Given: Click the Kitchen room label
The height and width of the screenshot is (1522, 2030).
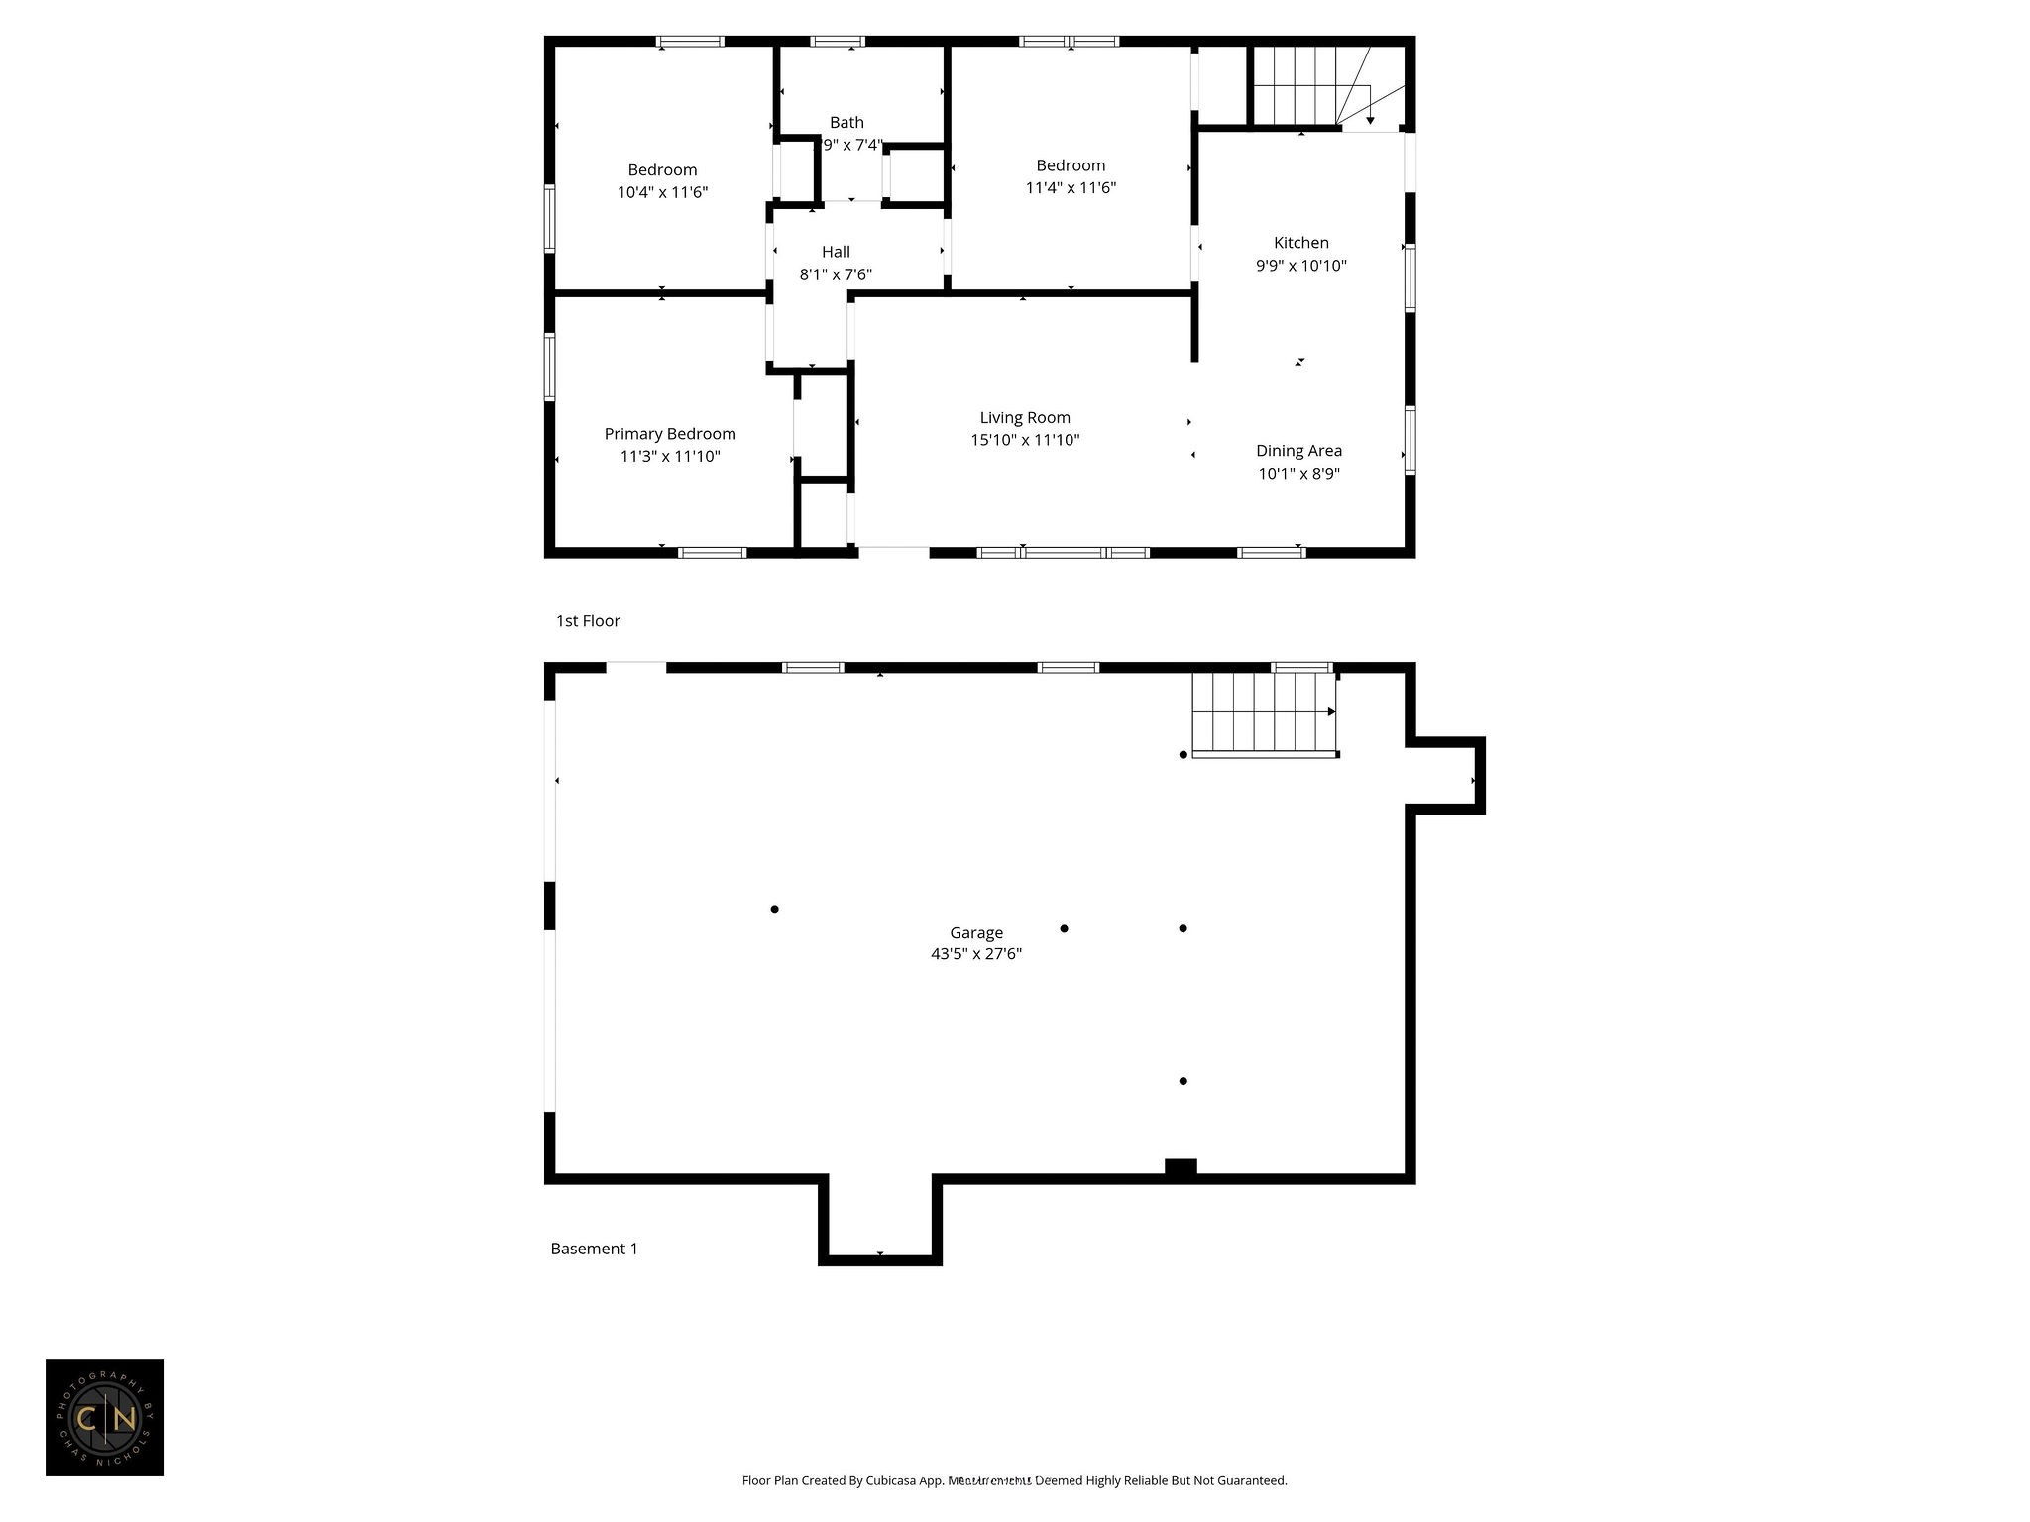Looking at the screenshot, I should click(1300, 243).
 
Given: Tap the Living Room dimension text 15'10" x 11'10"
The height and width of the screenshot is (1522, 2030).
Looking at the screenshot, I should click(1025, 440).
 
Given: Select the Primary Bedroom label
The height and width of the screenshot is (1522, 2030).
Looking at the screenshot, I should click(670, 434).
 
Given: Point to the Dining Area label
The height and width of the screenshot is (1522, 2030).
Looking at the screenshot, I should click(1298, 451).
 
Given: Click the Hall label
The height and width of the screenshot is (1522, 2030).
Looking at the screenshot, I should click(836, 252).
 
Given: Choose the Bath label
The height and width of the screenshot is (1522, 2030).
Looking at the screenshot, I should click(846, 122).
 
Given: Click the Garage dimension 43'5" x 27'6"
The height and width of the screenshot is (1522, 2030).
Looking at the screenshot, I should click(975, 954).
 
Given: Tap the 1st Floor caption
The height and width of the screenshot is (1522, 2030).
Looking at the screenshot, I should click(588, 621).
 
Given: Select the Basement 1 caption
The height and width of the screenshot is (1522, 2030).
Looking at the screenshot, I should click(594, 1249).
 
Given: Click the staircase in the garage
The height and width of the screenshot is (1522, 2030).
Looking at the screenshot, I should click(1263, 712).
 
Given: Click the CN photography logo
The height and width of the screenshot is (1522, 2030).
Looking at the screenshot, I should click(104, 1418).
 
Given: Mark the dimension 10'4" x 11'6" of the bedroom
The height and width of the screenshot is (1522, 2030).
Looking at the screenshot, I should click(662, 192).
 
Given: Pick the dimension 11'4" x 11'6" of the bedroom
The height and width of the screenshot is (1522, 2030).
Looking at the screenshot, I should click(1071, 187).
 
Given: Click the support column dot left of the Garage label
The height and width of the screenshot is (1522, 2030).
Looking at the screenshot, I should click(774, 909).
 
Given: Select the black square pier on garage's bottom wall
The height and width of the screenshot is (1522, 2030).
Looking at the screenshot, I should click(1180, 1167).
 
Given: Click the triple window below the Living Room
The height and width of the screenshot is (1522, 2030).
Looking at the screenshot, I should click(1063, 553).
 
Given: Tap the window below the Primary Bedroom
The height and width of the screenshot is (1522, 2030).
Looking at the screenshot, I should click(712, 553).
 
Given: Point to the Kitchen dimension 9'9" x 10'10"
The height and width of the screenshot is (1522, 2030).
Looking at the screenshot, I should click(1300, 266).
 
